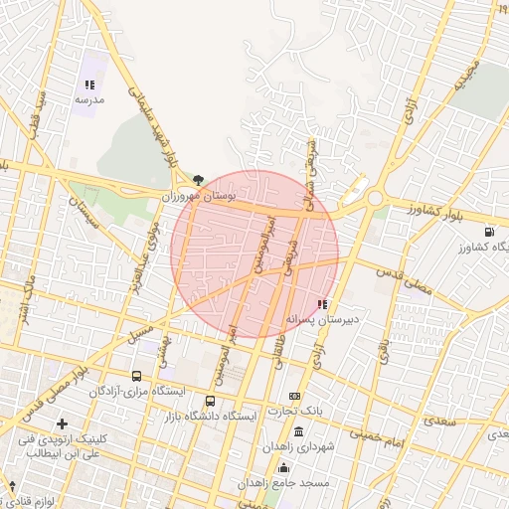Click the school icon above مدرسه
(x=88, y=85)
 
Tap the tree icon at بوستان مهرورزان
(x=199, y=180)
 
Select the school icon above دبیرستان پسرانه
(x=321, y=304)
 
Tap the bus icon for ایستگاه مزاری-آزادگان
(x=136, y=377)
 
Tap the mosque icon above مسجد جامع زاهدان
(x=284, y=466)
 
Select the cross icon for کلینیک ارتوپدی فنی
(x=63, y=424)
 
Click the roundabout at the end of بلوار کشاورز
(x=376, y=199)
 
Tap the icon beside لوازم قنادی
(x=11, y=485)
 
